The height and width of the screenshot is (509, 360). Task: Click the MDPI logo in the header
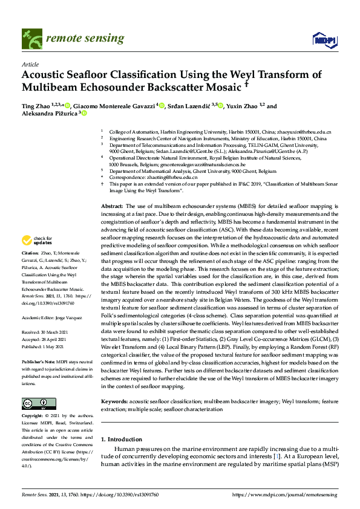click(x=324, y=39)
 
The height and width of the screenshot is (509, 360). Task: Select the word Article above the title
click(x=30, y=64)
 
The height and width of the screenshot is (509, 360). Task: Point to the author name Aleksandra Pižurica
click(x=48, y=114)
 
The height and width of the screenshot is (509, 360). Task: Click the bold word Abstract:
click(x=112, y=206)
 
